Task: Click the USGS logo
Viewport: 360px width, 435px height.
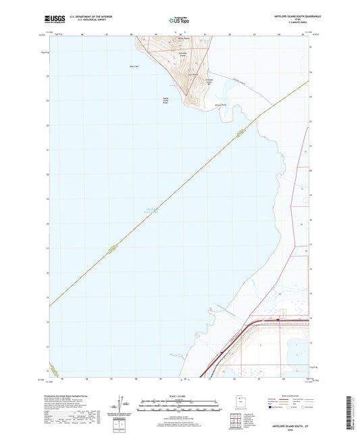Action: point(54,19)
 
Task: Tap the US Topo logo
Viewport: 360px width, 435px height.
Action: point(179,20)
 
